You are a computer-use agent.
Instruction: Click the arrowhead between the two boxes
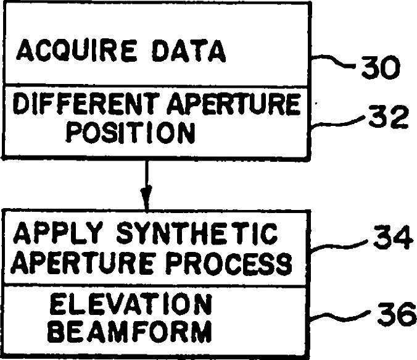(146, 201)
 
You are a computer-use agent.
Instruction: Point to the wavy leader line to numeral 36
(341, 319)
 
